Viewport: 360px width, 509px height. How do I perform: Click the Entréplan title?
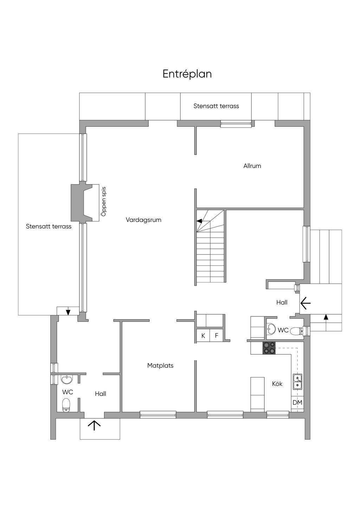(187, 74)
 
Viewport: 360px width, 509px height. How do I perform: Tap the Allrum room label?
(252, 166)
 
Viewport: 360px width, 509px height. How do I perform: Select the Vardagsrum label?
(143, 220)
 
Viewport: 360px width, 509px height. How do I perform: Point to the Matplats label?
(160, 366)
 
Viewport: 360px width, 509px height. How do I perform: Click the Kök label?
(277, 384)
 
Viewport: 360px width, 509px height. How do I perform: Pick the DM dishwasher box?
(297, 402)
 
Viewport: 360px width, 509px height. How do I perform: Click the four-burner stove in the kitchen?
(269, 348)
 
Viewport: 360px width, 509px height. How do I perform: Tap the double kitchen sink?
(297, 382)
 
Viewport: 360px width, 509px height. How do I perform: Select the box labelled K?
(203, 336)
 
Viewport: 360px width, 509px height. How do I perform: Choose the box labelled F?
(217, 336)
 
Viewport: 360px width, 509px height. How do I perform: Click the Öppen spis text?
(104, 201)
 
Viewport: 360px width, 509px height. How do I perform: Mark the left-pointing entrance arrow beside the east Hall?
(305, 303)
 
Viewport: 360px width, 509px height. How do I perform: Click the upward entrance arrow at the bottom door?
(94, 425)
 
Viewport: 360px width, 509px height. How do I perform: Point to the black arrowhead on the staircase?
(199, 221)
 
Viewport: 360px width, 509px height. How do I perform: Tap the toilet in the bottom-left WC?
(66, 405)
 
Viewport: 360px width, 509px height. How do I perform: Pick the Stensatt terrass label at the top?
(216, 106)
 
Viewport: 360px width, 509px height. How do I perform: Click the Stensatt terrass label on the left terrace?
(49, 226)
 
